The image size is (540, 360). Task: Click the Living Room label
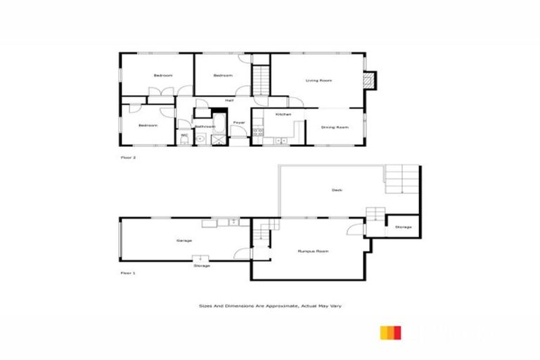(318, 81)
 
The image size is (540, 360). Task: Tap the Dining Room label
(335, 127)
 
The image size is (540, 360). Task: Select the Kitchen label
(283, 114)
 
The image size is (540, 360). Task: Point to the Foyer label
(239, 122)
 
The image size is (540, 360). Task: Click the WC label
(184, 135)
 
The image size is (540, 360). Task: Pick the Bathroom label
(204, 127)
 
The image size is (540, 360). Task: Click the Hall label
(229, 101)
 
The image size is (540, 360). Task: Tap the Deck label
(337, 190)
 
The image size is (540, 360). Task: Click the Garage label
(184, 241)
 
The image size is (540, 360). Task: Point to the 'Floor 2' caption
(128, 157)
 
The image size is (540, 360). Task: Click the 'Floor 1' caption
(128, 272)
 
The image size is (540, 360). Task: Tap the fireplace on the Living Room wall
(370, 79)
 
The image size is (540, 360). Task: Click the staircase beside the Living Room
(261, 79)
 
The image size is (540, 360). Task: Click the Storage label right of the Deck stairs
(403, 227)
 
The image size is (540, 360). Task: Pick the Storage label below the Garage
(202, 266)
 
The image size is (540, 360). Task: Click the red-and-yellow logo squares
(391, 332)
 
